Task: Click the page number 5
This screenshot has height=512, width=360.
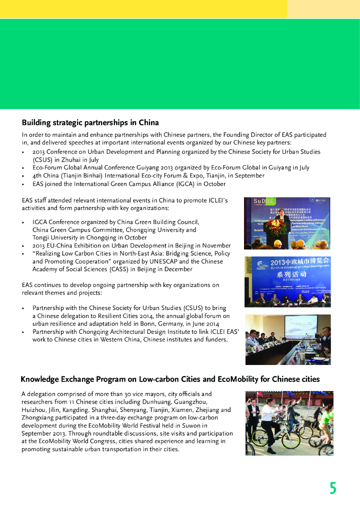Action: click(332, 487)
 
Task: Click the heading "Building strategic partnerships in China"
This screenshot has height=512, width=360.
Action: click(90, 122)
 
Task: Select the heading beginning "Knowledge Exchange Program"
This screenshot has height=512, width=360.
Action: click(170, 379)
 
